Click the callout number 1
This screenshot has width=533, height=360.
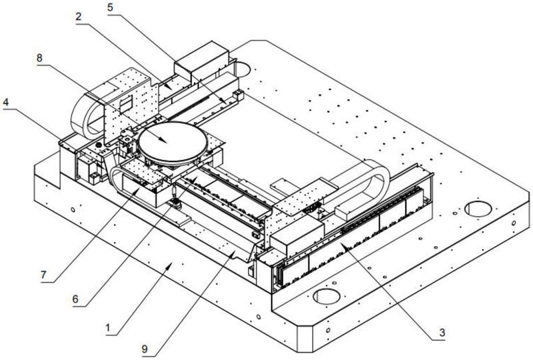coord(108,329)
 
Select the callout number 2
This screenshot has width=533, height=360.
coord(79,17)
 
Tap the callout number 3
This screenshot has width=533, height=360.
coord(442,333)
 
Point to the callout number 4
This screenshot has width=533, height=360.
coord(6,102)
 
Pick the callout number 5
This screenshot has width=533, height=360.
coord(110,7)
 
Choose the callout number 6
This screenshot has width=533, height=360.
coord(75,299)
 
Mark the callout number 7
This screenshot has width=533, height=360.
coord(43,275)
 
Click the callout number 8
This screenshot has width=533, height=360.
coord(40,58)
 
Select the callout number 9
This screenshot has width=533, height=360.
coord(145,349)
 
